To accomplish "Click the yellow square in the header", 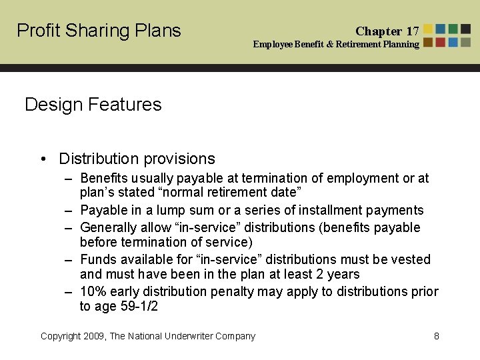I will click(x=428, y=29).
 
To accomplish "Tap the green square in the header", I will click(x=453, y=29).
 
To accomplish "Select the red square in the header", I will click(x=441, y=42).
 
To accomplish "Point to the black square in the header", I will click(x=465, y=29).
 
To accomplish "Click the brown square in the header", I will click(x=428, y=42).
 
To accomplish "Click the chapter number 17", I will click(x=413, y=31).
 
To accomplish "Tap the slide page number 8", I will click(x=437, y=336).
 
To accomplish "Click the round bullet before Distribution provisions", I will click(x=43, y=159).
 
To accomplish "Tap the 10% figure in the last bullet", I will click(x=92, y=291).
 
